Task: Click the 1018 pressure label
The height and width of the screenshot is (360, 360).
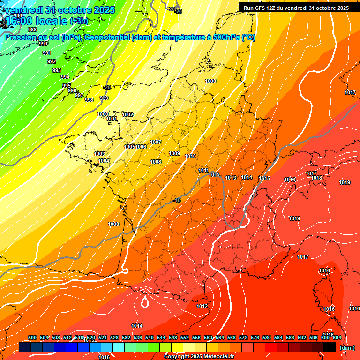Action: (x=316, y=178)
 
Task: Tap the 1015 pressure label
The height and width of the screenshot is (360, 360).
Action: (x=264, y=178)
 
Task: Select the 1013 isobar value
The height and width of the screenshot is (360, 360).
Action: (x=231, y=178)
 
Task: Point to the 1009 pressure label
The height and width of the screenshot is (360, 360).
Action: (x=174, y=153)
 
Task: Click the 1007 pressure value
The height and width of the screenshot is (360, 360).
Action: (x=156, y=142)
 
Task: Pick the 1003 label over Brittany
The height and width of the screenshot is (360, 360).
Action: (x=99, y=154)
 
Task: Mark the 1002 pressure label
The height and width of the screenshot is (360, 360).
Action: (x=127, y=114)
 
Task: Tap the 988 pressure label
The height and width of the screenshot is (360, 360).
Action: (x=32, y=30)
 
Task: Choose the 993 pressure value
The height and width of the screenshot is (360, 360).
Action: (x=56, y=70)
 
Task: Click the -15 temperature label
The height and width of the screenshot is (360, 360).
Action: (x=177, y=200)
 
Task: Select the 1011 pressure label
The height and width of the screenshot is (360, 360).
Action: (x=203, y=170)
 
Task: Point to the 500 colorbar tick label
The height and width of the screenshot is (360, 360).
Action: (x=32, y=337)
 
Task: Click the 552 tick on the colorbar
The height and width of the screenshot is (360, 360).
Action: (x=185, y=337)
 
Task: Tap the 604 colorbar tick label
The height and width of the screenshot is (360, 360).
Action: (x=337, y=337)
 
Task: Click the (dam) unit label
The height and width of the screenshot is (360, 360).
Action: (x=347, y=347)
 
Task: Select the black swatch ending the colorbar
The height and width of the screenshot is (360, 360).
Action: (x=330, y=347)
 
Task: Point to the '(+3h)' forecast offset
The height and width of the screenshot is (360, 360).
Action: (x=78, y=21)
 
